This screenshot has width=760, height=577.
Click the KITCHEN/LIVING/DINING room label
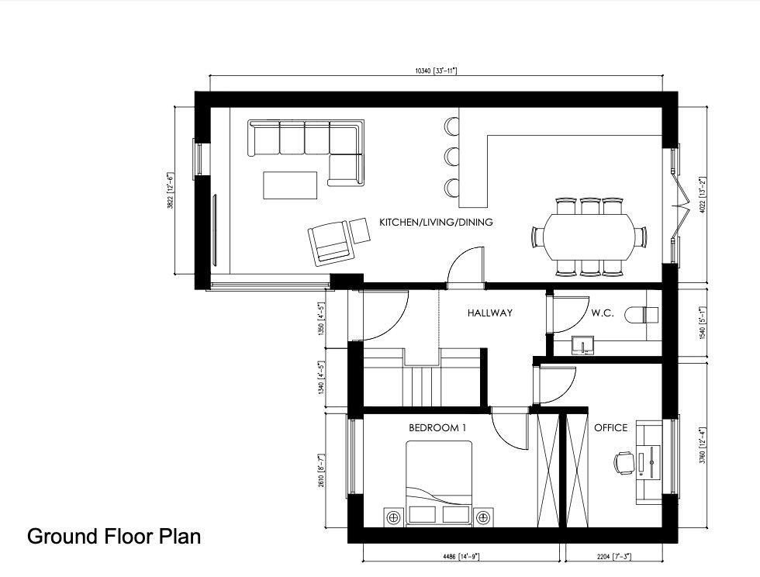tap(436, 223)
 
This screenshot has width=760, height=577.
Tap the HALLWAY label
tap(489, 313)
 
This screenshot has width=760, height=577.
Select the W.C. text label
tap(603, 313)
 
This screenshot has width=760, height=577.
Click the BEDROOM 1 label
tap(435, 428)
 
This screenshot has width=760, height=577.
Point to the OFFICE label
tap(610, 428)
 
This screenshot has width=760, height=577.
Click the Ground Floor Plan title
tap(114, 536)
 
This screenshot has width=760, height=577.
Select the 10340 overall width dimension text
tap(436, 71)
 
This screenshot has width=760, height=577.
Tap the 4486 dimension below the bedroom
tap(461, 556)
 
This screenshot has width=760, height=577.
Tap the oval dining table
tap(588, 236)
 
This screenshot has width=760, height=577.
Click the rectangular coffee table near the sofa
tap(290, 185)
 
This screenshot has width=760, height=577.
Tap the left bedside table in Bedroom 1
tap(393, 517)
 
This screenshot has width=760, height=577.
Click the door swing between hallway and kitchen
tap(466, 268)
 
